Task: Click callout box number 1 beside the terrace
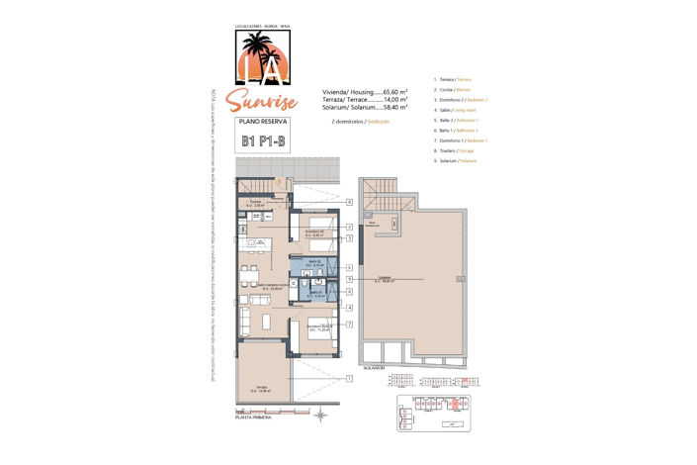350,378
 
